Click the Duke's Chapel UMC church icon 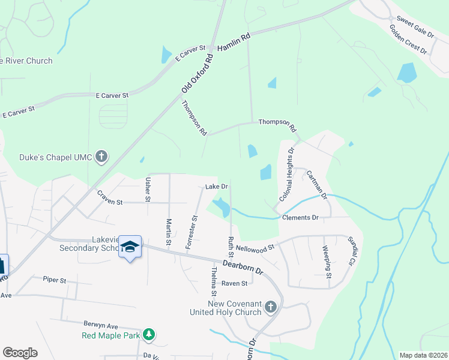(101, 158)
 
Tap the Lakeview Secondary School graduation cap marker (130, 247)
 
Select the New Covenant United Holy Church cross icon (270, 307)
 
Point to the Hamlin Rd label (234, 43)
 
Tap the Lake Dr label (217, 187)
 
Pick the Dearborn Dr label (243, 266)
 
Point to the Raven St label (234, 283)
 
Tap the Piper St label (54, 279)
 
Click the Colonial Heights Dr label (287, 175)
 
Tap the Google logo (20, 352)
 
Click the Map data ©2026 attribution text (423, 355)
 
